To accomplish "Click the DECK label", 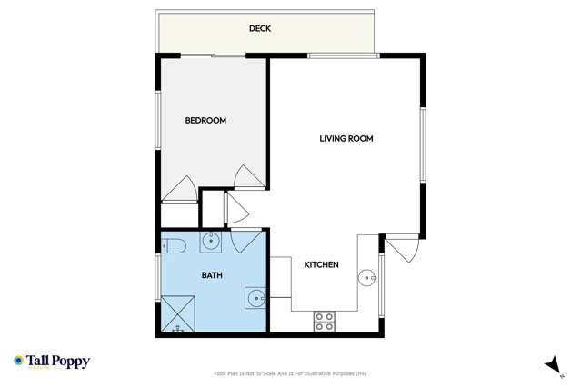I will click(260, 29).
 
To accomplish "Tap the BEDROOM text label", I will click(205, 120).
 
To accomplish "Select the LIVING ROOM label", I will click(346, 139).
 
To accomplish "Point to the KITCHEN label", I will click(321, 265).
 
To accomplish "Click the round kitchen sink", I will click(368, 277).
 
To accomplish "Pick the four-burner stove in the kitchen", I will click(324, 321).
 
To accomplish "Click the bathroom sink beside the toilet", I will click(211, 241).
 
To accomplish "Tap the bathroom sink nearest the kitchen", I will click(256, 297).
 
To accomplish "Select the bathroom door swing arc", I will click(243, 241).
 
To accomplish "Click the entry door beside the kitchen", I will click(401, 248).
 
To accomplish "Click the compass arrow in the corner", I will click(551, 363).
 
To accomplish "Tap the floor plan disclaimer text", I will click(290, 373).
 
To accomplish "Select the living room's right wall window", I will click(422, 145).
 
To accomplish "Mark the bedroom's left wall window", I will click(158, 118).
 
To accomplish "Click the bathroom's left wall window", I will click(158, 275).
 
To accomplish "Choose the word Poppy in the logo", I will click(70, 361).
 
